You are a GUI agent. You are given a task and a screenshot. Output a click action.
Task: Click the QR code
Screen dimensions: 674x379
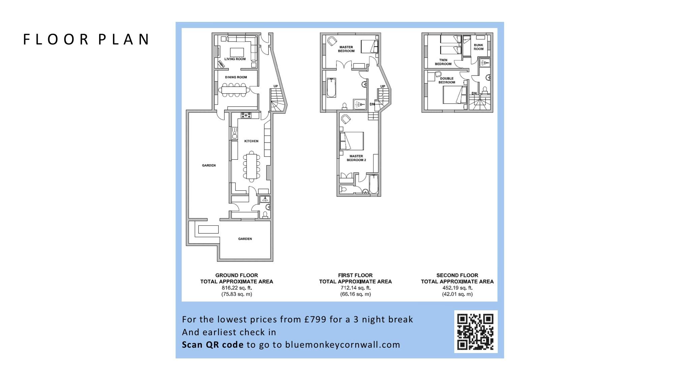click(476, 332)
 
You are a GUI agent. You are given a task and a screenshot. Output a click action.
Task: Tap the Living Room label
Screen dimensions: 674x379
click(235, 59)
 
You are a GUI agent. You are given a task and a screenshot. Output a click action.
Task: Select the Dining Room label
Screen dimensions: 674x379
click(236, 77)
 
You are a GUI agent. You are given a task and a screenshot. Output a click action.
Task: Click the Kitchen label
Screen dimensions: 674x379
click(251, 141)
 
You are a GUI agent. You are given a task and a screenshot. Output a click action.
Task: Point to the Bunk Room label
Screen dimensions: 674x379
click(479, 47)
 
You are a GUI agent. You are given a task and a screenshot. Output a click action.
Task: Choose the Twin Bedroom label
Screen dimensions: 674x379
click(443, 62)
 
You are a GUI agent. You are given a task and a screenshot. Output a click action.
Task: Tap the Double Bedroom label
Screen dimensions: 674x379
click(447, 81)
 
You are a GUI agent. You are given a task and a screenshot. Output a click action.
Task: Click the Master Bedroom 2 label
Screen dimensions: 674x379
click(356, 158)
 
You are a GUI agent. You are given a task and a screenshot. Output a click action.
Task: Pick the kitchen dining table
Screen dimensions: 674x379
click(251, 166)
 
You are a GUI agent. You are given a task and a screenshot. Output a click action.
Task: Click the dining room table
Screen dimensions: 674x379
click(235, 90)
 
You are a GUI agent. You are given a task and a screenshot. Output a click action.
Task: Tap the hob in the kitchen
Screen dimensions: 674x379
click(246, 115)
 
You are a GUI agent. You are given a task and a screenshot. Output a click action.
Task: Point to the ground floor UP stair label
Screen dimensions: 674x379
click(276, 86)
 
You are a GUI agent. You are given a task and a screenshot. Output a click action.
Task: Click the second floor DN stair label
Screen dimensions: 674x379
click(474, 93)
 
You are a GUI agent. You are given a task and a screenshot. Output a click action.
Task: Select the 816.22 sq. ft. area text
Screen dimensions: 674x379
click(237, 288)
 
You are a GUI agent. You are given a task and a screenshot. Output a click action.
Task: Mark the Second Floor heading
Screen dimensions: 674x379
click(457, 275)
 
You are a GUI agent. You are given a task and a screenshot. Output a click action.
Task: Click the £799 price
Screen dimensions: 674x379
click(315, 319)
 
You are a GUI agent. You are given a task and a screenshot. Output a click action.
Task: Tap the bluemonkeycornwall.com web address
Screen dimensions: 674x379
click(343, 345)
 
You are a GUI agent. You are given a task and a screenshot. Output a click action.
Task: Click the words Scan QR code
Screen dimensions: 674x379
click(213, 345)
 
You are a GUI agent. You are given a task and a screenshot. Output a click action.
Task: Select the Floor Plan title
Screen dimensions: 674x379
click(86, 39)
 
